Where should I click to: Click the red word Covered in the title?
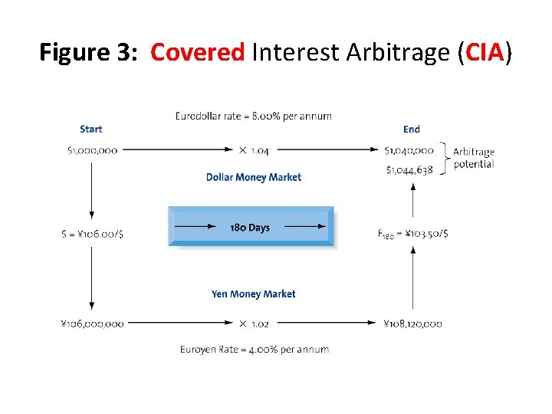pos(197,53)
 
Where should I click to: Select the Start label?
pos(90,129)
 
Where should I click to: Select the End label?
pos(412,129)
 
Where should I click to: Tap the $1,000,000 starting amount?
pos(92,150)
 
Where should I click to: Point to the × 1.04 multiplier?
pos(253,150)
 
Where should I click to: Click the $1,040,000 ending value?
pos(409,150)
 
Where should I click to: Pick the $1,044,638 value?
pos(409,169)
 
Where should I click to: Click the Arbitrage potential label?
pos(474,158)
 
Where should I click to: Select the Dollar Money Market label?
pos(254,177)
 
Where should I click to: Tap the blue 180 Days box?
pos(251,227)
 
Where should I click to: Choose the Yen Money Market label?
pos(253,294)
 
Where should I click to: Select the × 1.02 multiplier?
pos(253,324)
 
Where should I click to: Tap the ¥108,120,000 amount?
pos(412,324)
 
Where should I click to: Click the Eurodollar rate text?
pos(254,117)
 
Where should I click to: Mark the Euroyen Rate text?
pos(255,350)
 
